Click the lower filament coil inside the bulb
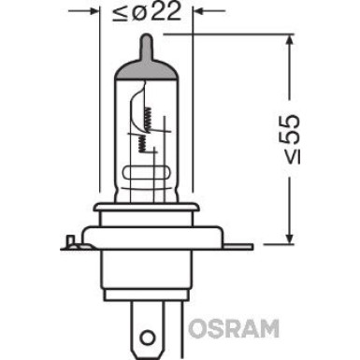[x=139, y=142]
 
